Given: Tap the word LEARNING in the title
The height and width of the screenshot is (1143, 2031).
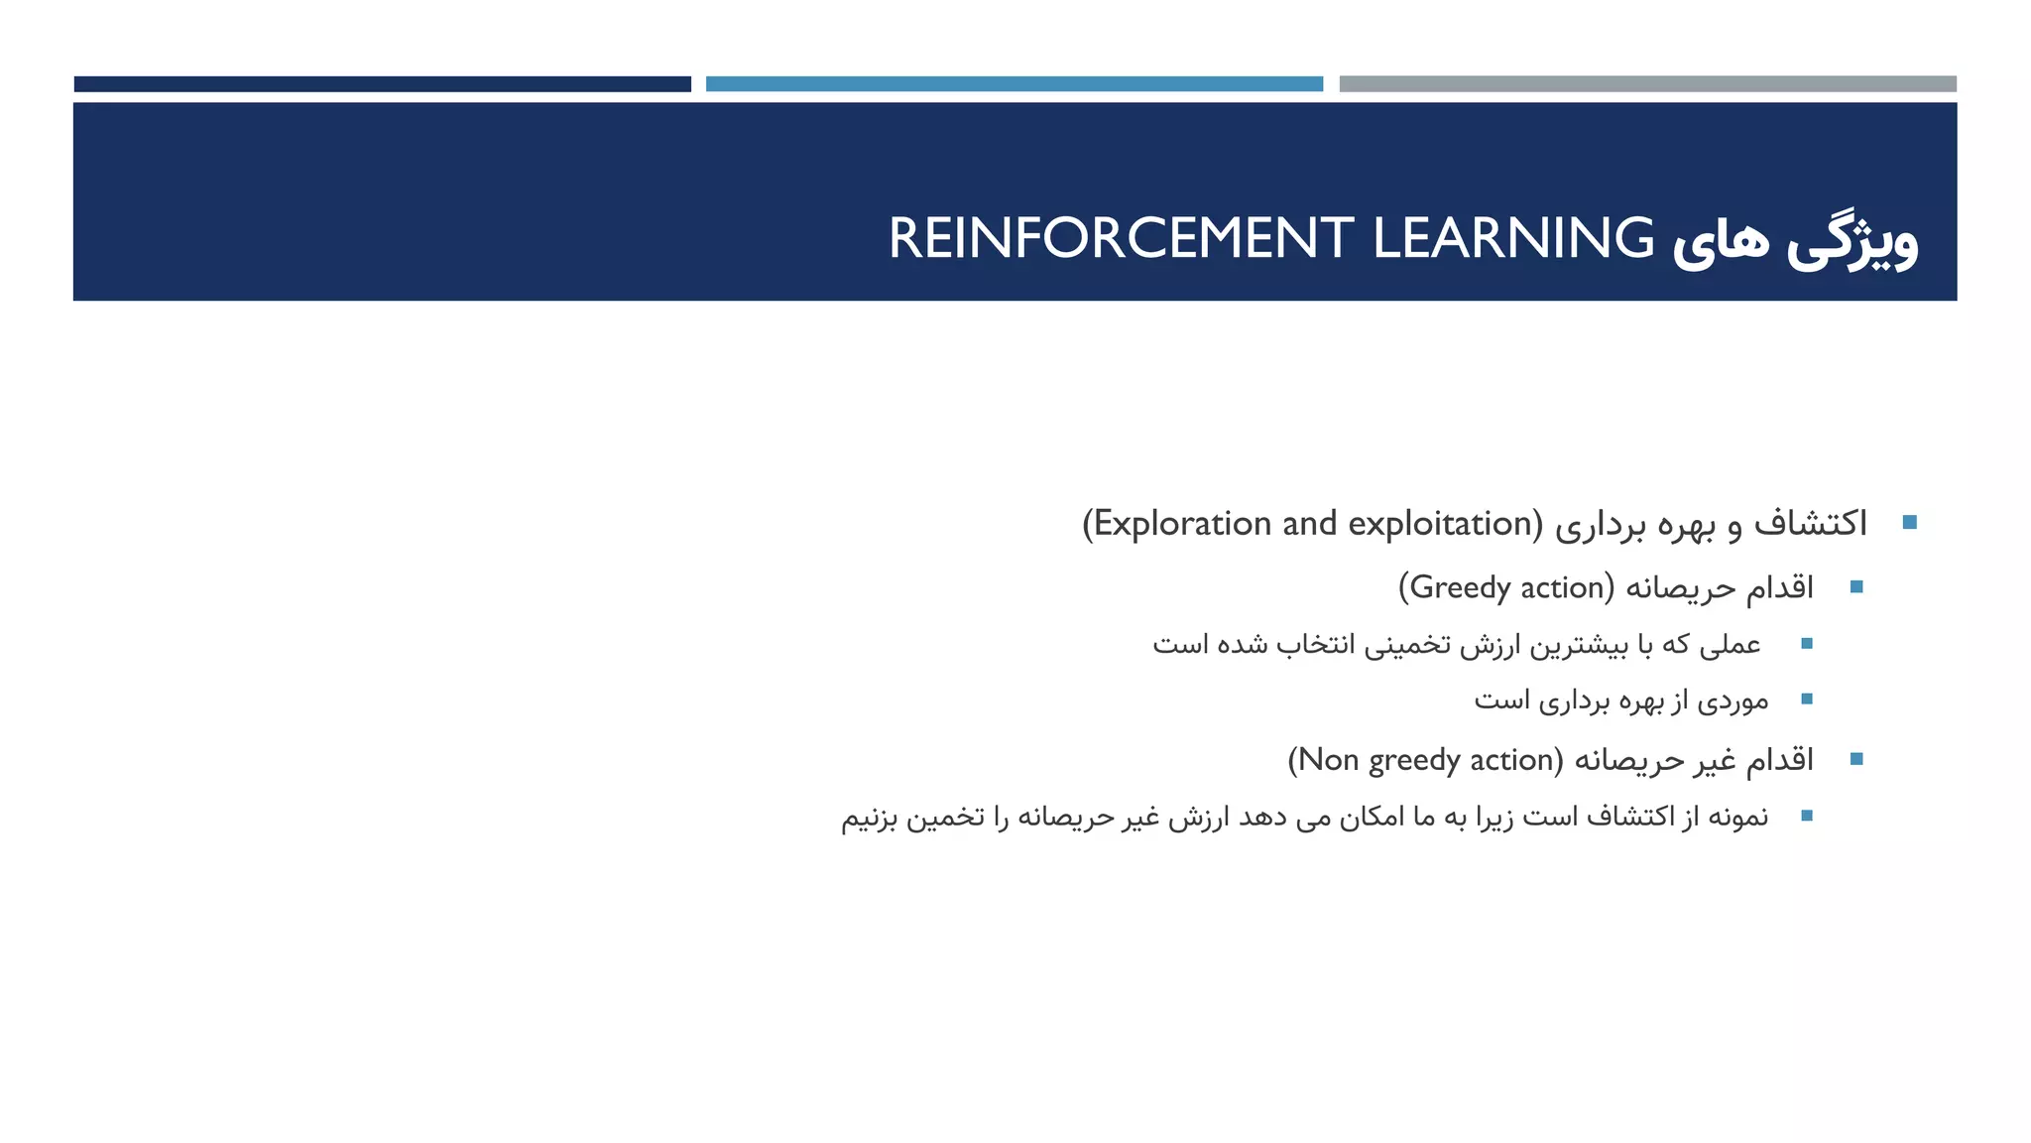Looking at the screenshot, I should (1513, 238).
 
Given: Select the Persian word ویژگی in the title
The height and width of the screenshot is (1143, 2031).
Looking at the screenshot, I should (1852, 242).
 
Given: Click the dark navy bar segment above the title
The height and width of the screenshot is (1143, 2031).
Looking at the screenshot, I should (382, 84).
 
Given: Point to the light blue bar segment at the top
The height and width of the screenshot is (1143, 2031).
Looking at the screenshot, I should (1014, 84).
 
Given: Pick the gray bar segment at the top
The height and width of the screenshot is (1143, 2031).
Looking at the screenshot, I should (1647, 84).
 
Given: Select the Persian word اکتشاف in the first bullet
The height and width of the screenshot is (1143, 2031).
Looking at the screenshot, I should (1811, 523).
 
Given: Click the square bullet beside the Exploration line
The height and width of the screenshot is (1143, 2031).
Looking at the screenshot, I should (1909, 523).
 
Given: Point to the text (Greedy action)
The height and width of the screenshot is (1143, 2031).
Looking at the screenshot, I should (1506, 587).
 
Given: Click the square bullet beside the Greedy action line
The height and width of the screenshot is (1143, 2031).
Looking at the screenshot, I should (1856, 587).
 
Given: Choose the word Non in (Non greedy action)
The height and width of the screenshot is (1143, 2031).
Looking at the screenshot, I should (1329, 760).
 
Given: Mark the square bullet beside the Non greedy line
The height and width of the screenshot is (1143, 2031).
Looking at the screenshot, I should (1856, 760).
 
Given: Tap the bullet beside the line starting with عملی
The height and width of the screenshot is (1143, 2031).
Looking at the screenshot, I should (1806, 644).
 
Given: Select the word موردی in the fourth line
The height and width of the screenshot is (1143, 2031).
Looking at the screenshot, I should (1732, 700).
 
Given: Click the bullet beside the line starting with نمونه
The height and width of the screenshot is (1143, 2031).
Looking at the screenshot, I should (1806, 816).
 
